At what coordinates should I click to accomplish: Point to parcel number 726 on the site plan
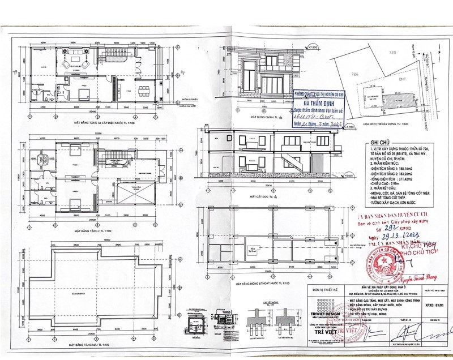(x=355, y=74)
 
